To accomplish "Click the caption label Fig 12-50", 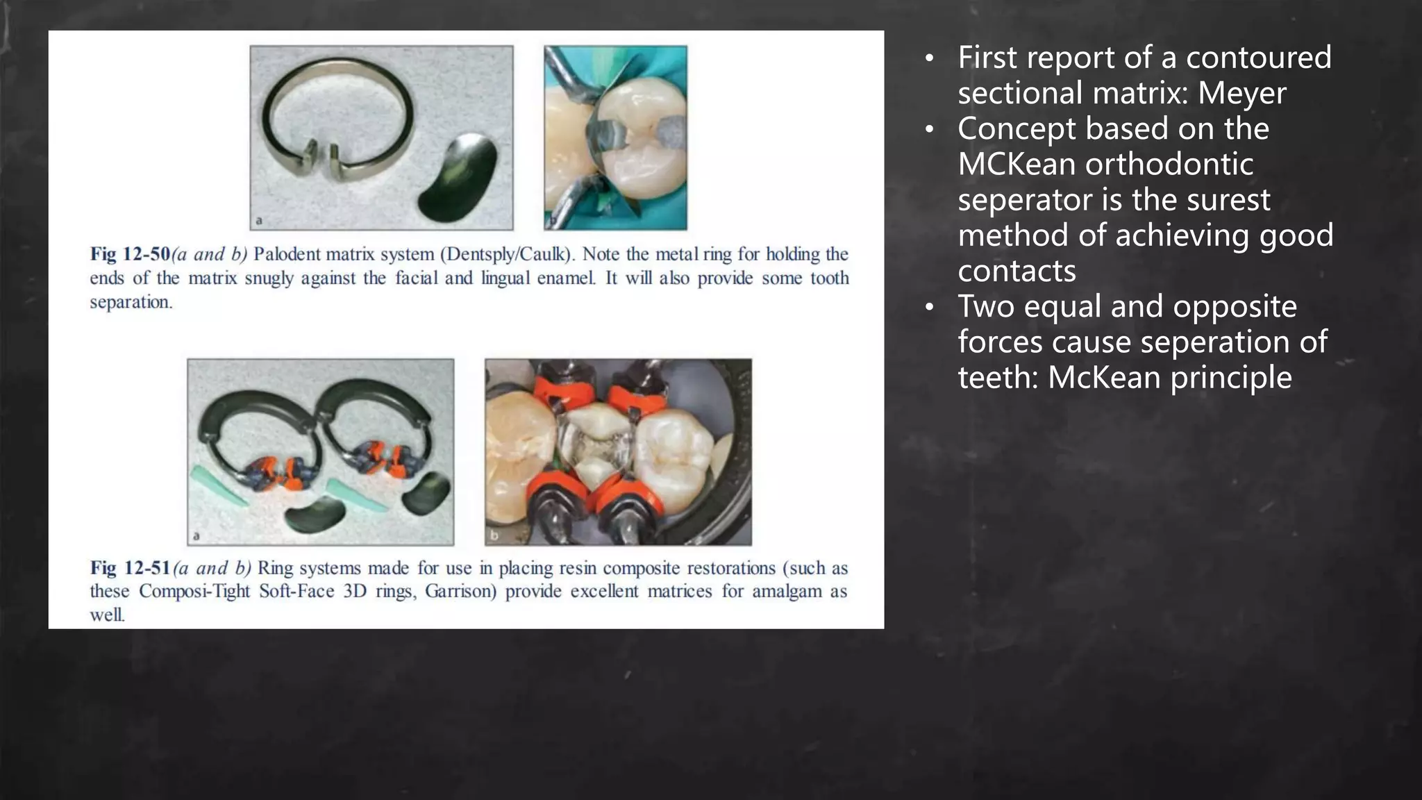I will [x=130, y=254].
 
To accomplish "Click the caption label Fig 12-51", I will [x=130, y=568].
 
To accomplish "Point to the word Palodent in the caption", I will [x=283, y=254].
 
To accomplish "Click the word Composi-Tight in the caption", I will [x=194, y=592].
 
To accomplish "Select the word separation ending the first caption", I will [x=131, y=302].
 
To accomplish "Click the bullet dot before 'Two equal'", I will [x=930, y=308].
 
